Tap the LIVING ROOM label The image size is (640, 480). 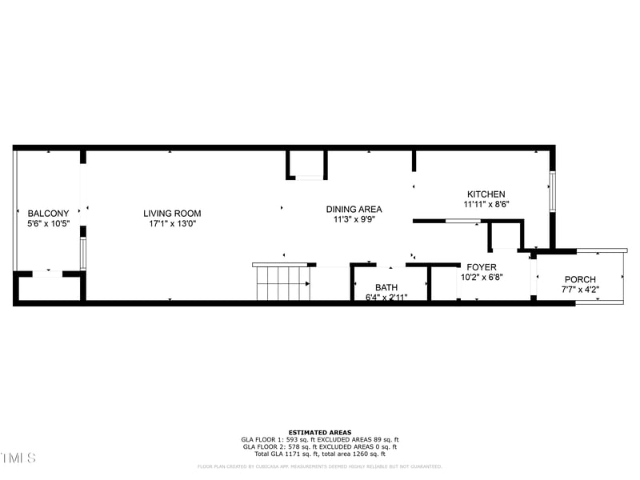[x=172, y=214]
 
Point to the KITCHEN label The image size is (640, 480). [x=486, y=194]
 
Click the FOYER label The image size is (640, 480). [x=482, y=267]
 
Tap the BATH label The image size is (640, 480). [x=386, y=288]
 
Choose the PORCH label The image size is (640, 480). [x=580, y=280]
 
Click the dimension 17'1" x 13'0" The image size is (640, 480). [x=172, y=224]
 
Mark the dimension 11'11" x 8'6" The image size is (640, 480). [x=486, y=205]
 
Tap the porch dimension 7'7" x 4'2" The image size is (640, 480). [x=580, y=290]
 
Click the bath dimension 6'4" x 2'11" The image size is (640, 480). [x=386, y=298]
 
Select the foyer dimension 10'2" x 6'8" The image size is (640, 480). [x=482, y=278]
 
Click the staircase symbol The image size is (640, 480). [x=282, y=283]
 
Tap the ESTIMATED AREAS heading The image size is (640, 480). [x=320, y=433]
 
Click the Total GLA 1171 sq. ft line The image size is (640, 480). [x=320, y=454]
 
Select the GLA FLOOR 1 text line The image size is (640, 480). [x=320, y=440]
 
